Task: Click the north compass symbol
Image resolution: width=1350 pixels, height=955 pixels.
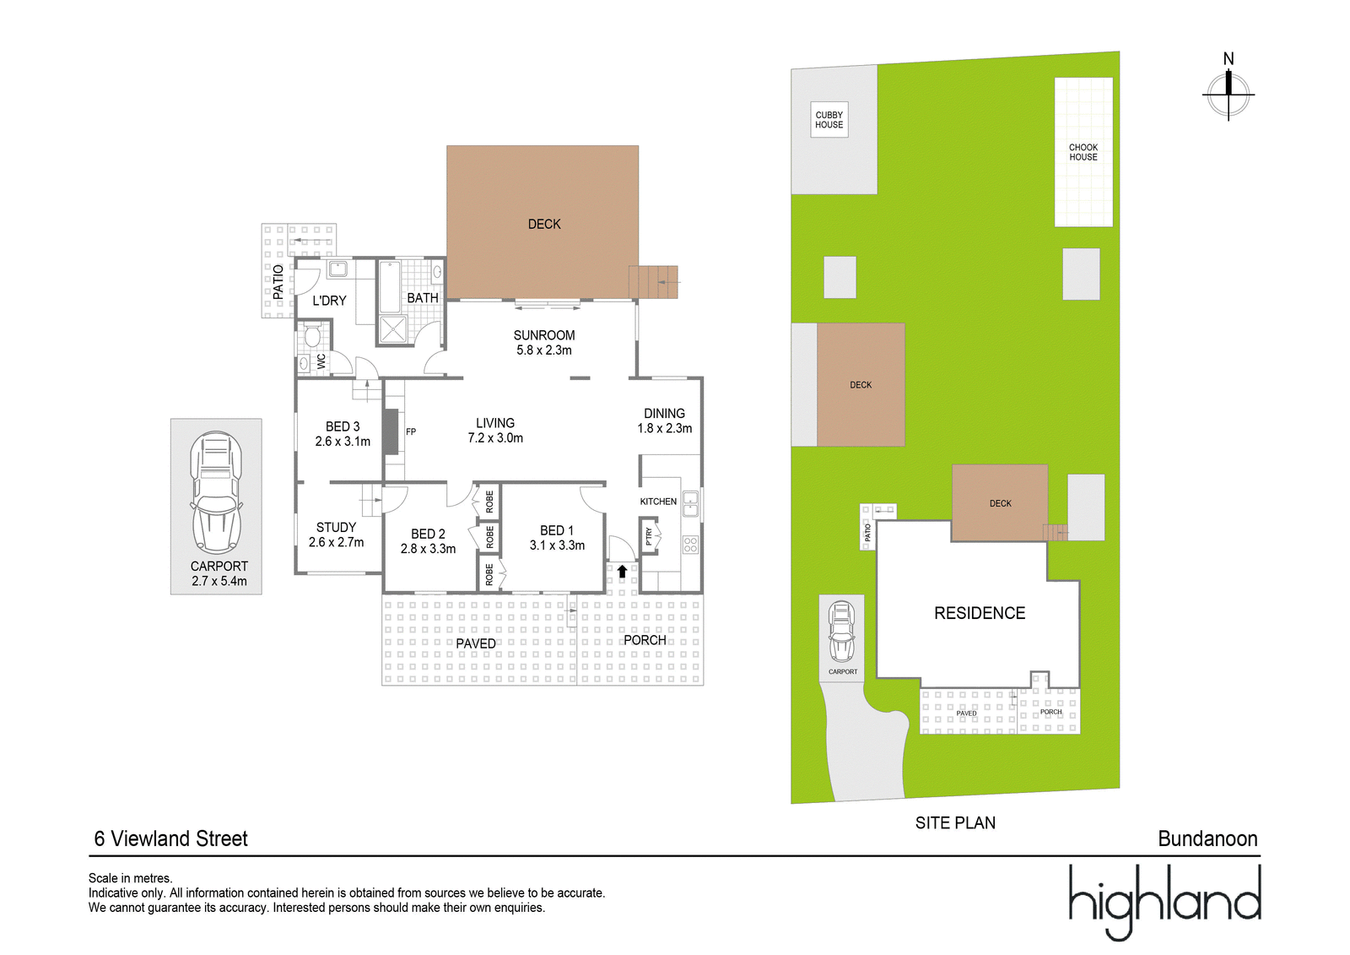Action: (1228, 95)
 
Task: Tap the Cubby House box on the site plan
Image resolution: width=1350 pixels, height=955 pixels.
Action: (829, 119)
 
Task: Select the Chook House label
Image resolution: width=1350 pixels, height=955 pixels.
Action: (1083, 152)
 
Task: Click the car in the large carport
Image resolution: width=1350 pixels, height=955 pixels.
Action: (216, 491)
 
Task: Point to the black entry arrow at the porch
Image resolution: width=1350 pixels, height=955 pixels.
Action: (622, 571)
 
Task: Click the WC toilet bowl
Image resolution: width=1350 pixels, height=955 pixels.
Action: (312, 335)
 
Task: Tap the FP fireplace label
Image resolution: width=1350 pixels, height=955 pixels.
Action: (410, 432)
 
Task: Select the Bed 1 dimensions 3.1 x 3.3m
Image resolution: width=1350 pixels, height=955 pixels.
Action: (557, 545)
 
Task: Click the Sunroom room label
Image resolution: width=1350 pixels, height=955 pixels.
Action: (543, 335)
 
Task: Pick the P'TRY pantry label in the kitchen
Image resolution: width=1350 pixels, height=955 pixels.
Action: (649, 535)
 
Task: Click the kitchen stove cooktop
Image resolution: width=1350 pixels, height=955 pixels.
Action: (691, 545)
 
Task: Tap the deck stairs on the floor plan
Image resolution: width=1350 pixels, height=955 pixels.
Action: (653, 282)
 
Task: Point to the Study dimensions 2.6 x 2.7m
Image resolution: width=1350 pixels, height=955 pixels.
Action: (337, 542)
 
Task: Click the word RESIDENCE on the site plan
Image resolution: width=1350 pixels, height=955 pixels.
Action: (980, 613)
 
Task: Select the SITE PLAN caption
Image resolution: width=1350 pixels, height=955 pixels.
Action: (955, 823)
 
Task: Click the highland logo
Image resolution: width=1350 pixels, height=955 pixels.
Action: (1164, 901)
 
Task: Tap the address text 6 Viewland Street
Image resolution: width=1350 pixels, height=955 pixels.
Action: (171, 838)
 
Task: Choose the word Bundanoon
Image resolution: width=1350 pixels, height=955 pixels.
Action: (1207, 838)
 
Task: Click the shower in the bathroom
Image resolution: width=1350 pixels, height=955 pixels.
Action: (393, 328)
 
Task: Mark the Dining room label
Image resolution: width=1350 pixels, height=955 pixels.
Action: (664, 413)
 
